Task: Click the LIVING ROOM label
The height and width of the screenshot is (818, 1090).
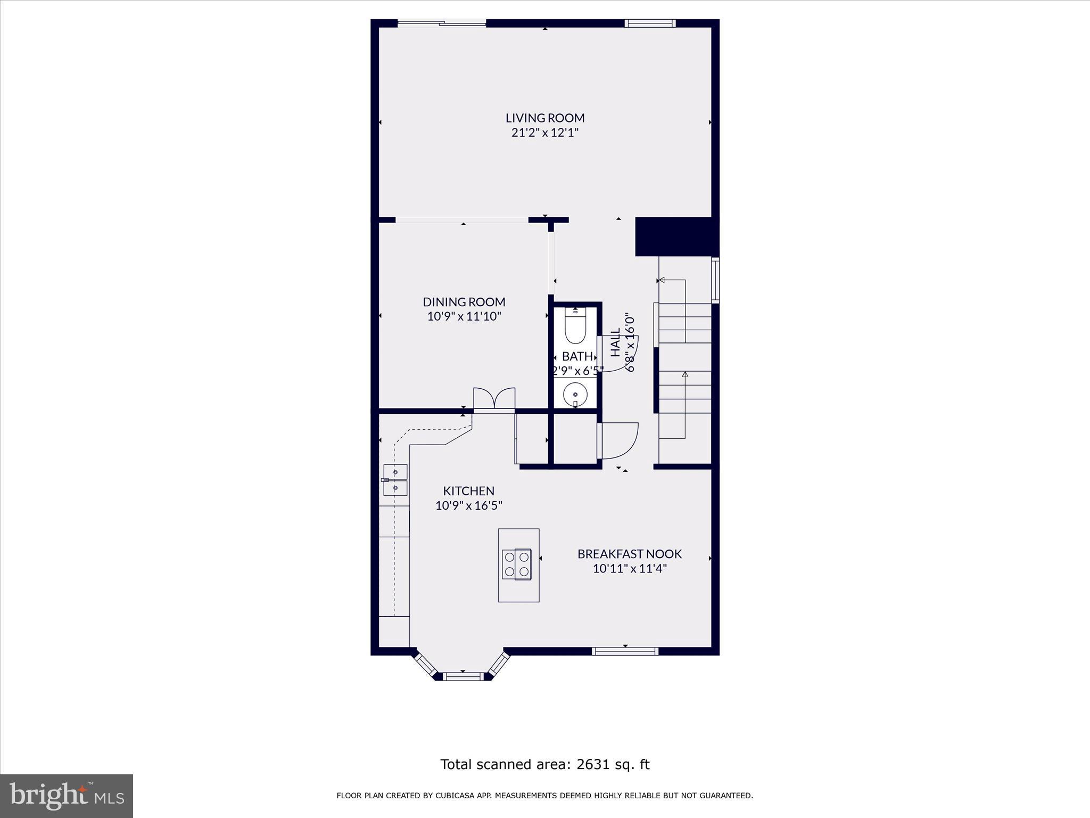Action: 544,118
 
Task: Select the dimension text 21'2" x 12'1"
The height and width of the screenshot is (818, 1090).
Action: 544,133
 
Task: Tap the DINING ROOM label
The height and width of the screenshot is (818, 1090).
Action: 464,302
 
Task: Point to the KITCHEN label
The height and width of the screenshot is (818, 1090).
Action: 468,490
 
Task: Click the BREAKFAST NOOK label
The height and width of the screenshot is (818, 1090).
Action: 630,554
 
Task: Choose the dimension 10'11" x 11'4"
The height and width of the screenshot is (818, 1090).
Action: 630,569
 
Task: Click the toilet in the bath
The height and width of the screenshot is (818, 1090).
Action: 575,326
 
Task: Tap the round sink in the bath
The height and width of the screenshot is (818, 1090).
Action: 575,395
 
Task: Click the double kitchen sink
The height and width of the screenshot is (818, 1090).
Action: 395,480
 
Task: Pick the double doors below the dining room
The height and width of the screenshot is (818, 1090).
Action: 494,399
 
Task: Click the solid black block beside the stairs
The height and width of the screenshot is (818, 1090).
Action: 676,236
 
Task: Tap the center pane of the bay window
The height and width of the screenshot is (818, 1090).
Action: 463,676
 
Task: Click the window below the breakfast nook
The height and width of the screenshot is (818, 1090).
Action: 625,651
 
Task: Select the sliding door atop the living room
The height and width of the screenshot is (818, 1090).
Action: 442,23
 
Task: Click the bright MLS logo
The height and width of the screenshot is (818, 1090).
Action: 67,796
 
